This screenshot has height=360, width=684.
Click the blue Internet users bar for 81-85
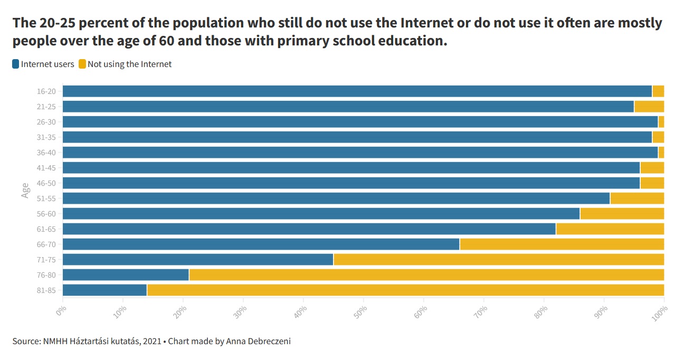[x=104, y=290]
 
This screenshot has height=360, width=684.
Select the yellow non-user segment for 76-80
[x=426, y=274]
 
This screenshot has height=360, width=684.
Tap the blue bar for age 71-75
[x=198, y=259]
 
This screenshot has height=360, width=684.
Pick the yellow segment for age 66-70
[x=562, y=244]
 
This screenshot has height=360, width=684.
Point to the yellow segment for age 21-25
[x=649, y=106]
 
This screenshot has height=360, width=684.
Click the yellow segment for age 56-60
[x=622, y=213]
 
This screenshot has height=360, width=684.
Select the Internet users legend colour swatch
[x=16, y=64]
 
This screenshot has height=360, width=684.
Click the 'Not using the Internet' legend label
[x=129, y=64]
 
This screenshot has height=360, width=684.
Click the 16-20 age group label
[x=46, y=91]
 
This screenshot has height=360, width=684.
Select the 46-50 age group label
[x=46, y=183]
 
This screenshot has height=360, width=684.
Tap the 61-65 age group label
[x=46, y=229]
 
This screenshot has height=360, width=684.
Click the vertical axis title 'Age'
[x=25, y=191]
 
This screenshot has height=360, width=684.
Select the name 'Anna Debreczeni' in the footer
[x=258, y=341]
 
